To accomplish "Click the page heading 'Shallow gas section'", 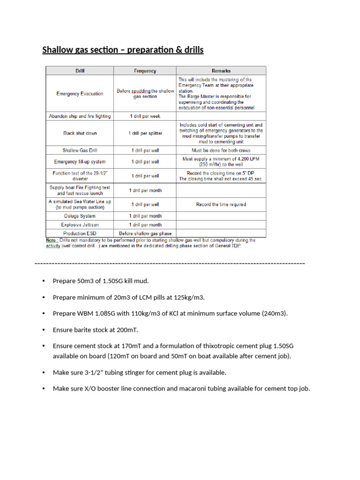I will tap(123, 50).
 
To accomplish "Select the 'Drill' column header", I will tap(80, 71).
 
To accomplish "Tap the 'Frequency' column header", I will tap(145, 71).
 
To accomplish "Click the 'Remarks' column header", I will tap(221, 71).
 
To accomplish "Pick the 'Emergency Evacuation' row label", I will tap(80, 93).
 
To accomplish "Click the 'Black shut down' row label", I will tap(80, 133).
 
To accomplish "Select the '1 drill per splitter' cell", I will tap(145, 133).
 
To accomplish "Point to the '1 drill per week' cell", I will tap(145, 116).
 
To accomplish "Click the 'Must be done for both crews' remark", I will tap(221, 150).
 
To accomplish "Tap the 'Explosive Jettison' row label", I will tap(80, 225).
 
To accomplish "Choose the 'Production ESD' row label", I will tap(80, 233).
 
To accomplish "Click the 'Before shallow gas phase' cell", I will tap(145, 233).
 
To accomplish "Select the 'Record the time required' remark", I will tap(221, 204).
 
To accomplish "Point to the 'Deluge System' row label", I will tap(80, 216).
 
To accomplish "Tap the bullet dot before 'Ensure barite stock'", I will tap(44, 330).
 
